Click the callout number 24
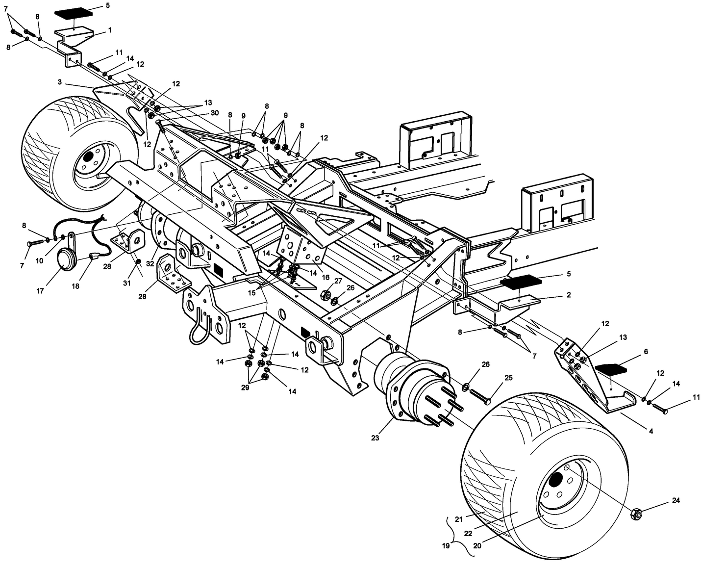pos(676,501)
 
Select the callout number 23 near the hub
pos(375,438)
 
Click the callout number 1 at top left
pos(110,30)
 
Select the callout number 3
pos(59,82)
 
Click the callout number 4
pos(651,432)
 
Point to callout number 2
pos(568,295)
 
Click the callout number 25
pos(508,377)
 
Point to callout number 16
pos(324,277)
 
